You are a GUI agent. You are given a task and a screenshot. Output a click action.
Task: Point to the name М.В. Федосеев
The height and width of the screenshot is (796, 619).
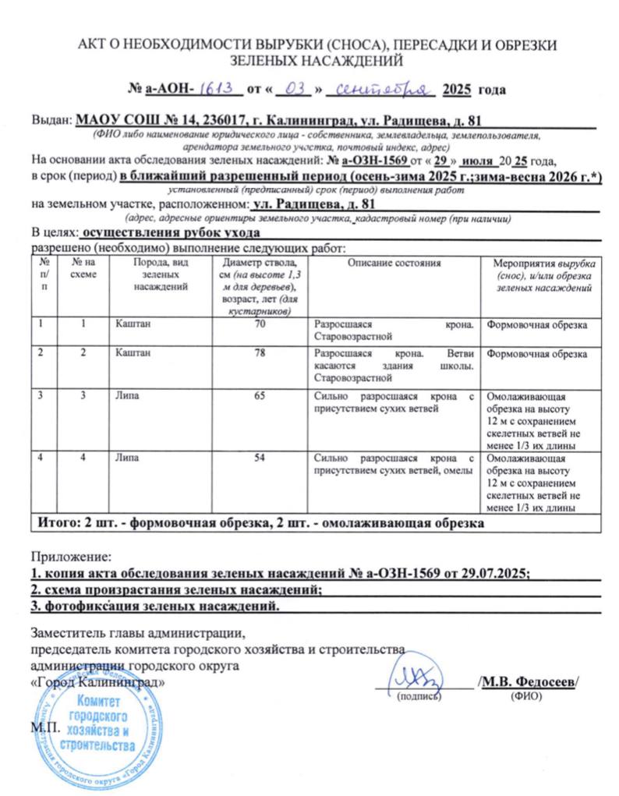529,682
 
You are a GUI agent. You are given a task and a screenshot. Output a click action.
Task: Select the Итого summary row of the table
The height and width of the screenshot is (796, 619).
257,523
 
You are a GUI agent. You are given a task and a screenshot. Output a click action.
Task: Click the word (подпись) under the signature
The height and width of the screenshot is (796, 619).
419,695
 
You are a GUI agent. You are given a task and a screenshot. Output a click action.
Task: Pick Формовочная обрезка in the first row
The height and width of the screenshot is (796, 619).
536,323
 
